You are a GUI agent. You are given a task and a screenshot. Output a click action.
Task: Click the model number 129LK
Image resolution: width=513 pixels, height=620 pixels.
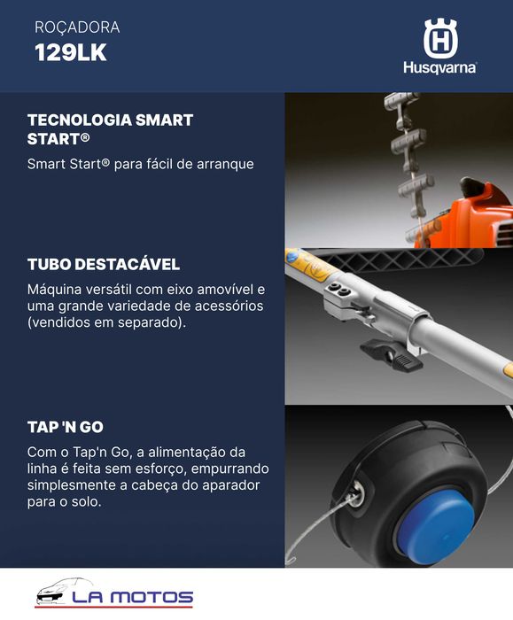(x=70, y=52)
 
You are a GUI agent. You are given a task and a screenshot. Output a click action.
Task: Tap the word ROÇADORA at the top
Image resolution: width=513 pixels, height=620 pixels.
(x=76, y=27)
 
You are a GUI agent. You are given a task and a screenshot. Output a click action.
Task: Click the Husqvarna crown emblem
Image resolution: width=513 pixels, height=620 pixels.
(x=439, y=39)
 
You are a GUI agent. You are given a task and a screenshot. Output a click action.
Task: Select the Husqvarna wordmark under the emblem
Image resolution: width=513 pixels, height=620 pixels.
(x=439, y=67)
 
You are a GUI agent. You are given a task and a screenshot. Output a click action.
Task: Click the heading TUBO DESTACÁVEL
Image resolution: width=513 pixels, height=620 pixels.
(x=104, y=265)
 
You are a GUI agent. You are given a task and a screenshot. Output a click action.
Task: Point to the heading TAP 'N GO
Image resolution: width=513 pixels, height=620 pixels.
(x=66, y=427)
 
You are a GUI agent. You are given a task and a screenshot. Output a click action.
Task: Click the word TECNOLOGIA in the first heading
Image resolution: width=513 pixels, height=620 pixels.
(x=72, y=120)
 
